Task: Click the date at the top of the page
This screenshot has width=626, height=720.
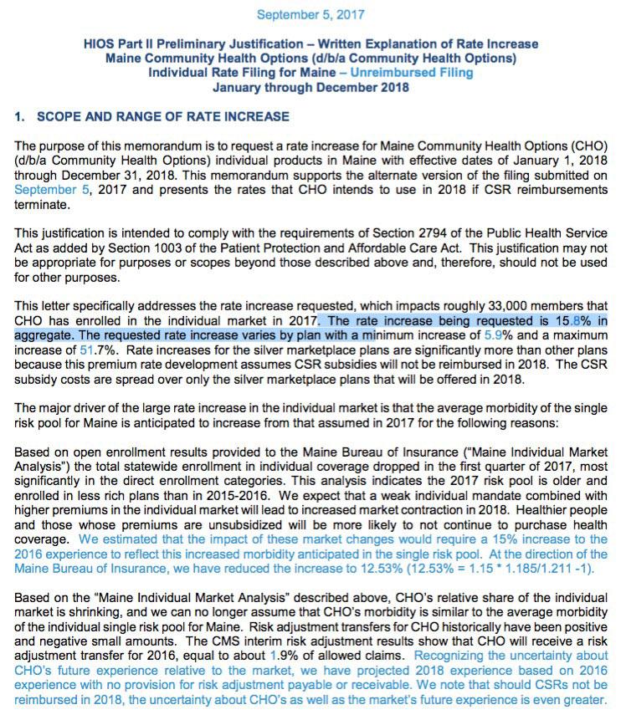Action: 310,15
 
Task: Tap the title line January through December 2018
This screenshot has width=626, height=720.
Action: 310,87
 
